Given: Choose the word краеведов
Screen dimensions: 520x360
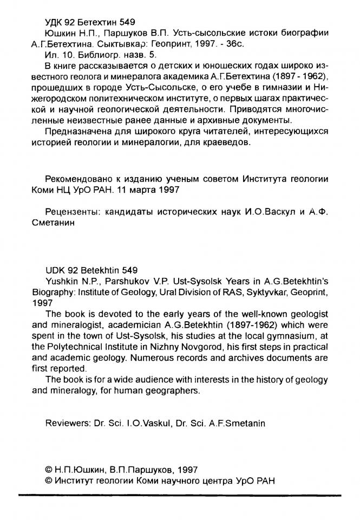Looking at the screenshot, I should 225,142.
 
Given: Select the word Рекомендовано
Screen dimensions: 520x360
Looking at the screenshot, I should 78,179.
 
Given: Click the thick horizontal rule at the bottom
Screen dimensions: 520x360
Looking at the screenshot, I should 180,495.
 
